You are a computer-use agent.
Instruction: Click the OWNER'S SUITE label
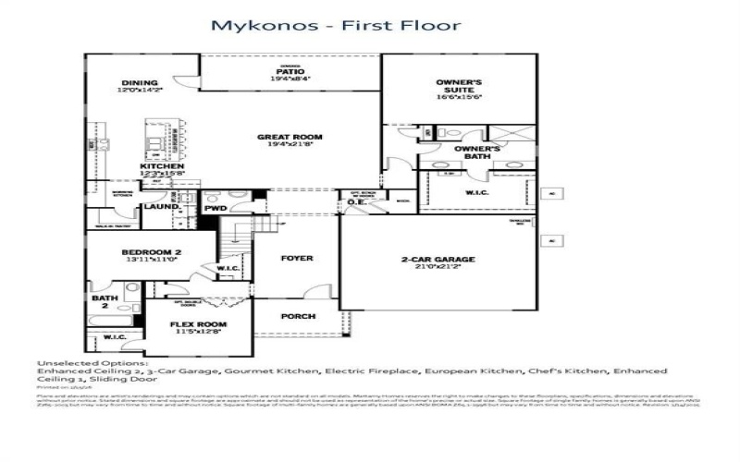pos(460,87)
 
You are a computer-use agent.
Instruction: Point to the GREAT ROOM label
pos(290,137)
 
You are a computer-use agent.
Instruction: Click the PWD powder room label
pos(216,209)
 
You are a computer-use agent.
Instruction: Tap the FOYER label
pos(297,258)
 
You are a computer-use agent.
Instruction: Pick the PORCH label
pos(298,316)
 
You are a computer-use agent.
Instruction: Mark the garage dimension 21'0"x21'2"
pos(438,267)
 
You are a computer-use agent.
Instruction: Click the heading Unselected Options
pos(91,362)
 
